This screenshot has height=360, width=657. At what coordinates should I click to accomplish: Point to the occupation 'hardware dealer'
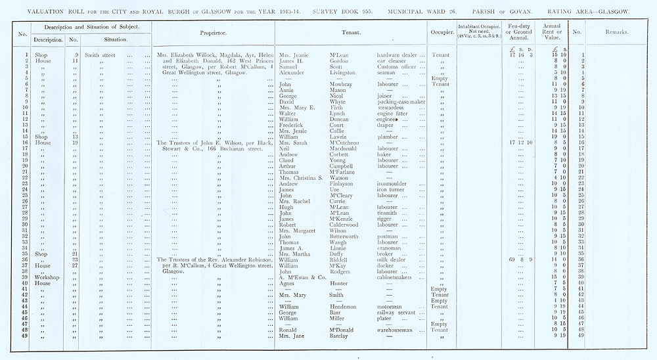click(398, 55)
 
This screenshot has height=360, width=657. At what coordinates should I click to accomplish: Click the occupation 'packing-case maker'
click(400, 102)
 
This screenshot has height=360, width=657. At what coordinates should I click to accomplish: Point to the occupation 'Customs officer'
click(398, 66)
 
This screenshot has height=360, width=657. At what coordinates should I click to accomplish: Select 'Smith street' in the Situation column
click(100, 55)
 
